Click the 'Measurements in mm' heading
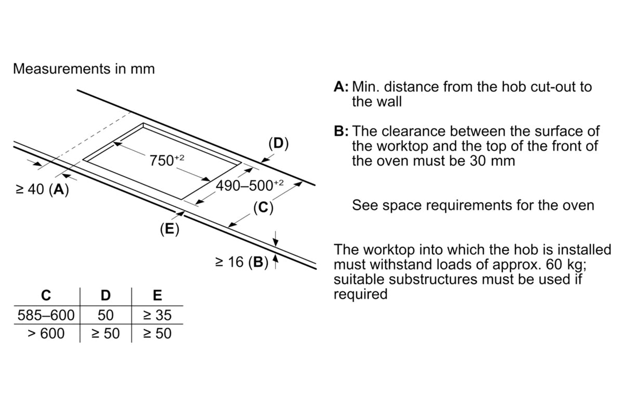point(84,69)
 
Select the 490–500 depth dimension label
point(250,186)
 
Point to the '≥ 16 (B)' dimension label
point(242,262)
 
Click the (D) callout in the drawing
point(278,143)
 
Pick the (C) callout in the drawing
point(263,208)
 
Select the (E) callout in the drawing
point(169,229)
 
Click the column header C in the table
point(46,296)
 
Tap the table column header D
point(106,296)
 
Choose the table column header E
point(157,296)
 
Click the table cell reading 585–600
point(46,315)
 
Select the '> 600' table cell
point(46,333)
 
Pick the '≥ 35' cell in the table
point(157,315)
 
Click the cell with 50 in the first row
point(106,315)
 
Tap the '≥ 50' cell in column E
point(157,333)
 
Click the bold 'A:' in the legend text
point(342,87)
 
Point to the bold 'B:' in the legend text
point(342,132)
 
